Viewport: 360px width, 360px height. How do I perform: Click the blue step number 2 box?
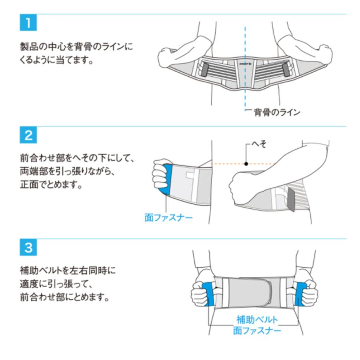(x=28, y=136)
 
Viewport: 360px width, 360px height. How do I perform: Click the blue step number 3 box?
(x=28, y=248)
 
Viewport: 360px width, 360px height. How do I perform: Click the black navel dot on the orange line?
(x=246, y=163)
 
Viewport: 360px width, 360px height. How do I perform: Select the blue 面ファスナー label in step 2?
(x=168, y=218)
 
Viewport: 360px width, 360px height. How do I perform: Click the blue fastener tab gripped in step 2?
(x=168, y=180)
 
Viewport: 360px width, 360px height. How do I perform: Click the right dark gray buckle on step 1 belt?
(x=286, y=70)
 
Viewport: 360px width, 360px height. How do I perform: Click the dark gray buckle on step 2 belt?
(x=291, y=200)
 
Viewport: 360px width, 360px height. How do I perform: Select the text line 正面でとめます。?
(x=52, y=186)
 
